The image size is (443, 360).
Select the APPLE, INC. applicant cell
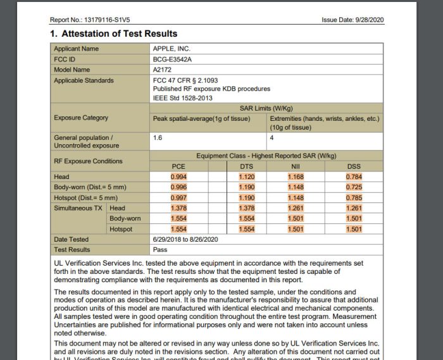click(172, 49)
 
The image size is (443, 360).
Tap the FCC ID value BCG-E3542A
click(173, 59)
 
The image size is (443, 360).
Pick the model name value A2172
click(163, 70)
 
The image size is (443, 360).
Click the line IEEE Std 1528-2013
click(184, 98)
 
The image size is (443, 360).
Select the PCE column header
click(179, 166)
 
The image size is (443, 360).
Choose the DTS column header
click(246, 166)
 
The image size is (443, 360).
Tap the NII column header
click(296, 166)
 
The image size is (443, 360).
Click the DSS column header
click(354, 166)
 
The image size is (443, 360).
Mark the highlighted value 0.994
click(179, 177)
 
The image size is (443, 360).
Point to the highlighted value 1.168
click(296, 177)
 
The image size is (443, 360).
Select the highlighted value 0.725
click(354, 187)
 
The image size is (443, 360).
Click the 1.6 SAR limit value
click(158, 137)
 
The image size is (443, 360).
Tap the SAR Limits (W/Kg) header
click(265, 108)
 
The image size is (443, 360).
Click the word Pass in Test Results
click(159, 250)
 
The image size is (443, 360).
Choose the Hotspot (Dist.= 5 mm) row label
click(86, 197)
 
